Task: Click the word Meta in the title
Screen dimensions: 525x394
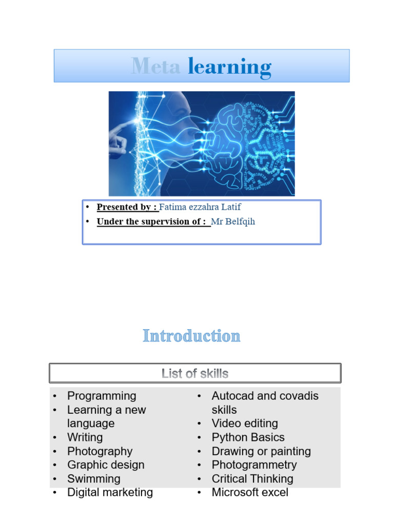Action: coord(155,67)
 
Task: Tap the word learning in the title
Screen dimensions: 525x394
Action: coord(229,67)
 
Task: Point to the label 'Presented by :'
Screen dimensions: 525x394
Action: coord(127,207)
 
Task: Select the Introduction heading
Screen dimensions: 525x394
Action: coord(191,336)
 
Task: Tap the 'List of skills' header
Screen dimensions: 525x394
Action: coord(195,373)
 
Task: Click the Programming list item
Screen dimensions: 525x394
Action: coord(102,396)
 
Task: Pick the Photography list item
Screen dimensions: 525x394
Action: coord(100,451)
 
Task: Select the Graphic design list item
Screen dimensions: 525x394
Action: coord(106,465)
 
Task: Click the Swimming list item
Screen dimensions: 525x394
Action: coord(94,479)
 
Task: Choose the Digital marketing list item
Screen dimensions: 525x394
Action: coord(110,493)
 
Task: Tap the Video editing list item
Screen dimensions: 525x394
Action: coord(245,423)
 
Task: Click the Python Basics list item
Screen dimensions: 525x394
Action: coord(248,437)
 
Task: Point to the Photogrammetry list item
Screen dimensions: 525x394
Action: coord(254,465)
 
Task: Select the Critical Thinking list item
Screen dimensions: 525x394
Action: coord(252,479)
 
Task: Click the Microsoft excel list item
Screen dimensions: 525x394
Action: coord(250,493)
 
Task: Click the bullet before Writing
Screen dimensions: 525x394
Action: coord(54,438)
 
